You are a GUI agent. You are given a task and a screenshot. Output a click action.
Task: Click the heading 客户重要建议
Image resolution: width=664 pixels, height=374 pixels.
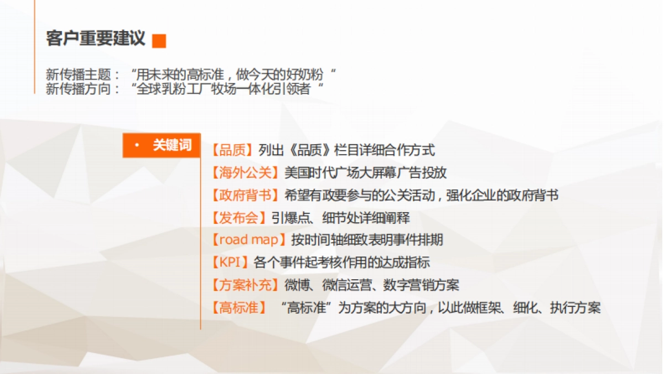[96, 39]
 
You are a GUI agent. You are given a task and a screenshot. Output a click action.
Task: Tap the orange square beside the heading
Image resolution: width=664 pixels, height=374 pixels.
[159, 40]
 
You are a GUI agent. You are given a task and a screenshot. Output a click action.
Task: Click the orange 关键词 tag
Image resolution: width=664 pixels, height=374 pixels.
[161, 146]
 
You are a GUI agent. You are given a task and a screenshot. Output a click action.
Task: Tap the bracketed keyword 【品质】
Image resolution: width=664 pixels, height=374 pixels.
[232, 150]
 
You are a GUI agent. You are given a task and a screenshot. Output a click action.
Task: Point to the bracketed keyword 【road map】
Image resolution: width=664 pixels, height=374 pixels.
[248, 240]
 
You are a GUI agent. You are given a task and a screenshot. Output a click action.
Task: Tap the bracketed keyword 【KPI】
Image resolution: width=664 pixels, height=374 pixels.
[230, 263]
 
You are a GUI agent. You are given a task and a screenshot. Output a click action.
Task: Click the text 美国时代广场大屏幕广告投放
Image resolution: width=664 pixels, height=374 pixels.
[365, 172]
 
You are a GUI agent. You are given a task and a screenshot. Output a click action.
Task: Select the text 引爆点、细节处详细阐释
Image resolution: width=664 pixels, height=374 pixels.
[340, 218]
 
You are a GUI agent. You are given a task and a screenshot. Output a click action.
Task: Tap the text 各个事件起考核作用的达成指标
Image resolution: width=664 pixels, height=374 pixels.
[341, 263]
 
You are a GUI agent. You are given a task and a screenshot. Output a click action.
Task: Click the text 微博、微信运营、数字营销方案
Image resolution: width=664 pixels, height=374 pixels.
[372, 285]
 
